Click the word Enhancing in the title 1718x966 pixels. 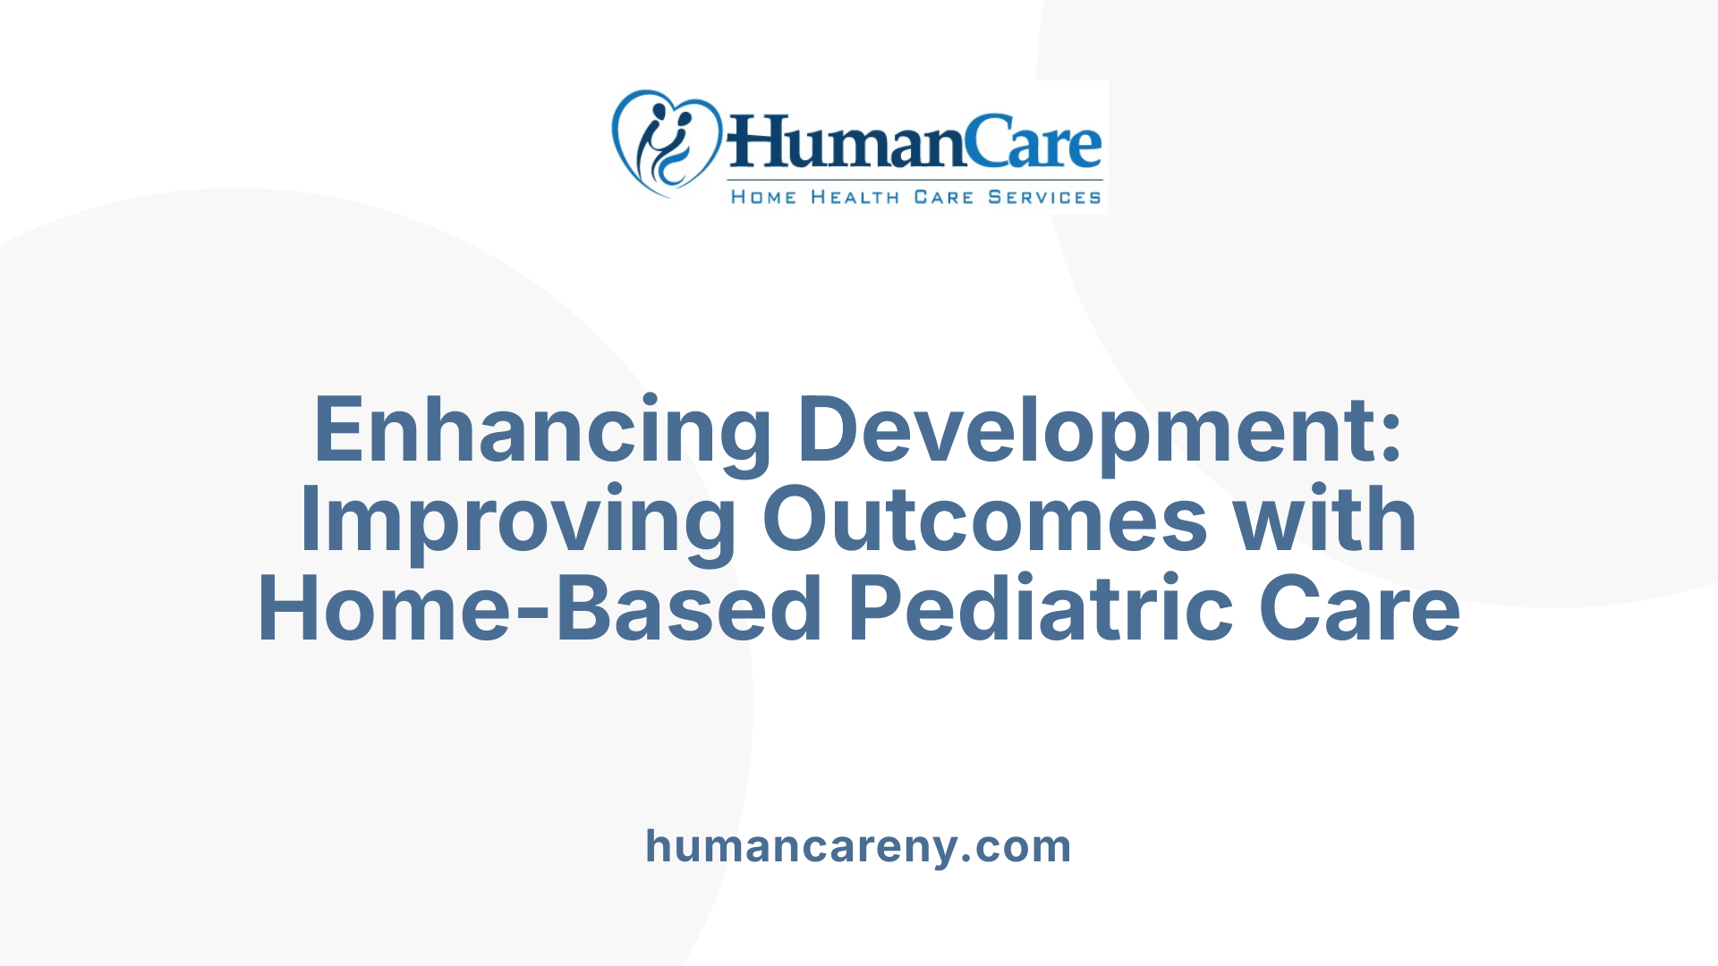click(541, 431)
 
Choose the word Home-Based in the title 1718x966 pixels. click(540, 610)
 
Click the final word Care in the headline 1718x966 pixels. click(1359, 610)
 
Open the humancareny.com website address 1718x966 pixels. click(858, 846)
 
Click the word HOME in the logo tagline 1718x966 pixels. click(763, 197)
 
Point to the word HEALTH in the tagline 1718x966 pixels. click(855, 197)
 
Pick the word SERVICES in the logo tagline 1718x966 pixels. click(1044, 197)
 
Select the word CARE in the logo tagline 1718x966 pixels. click(943, 197)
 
